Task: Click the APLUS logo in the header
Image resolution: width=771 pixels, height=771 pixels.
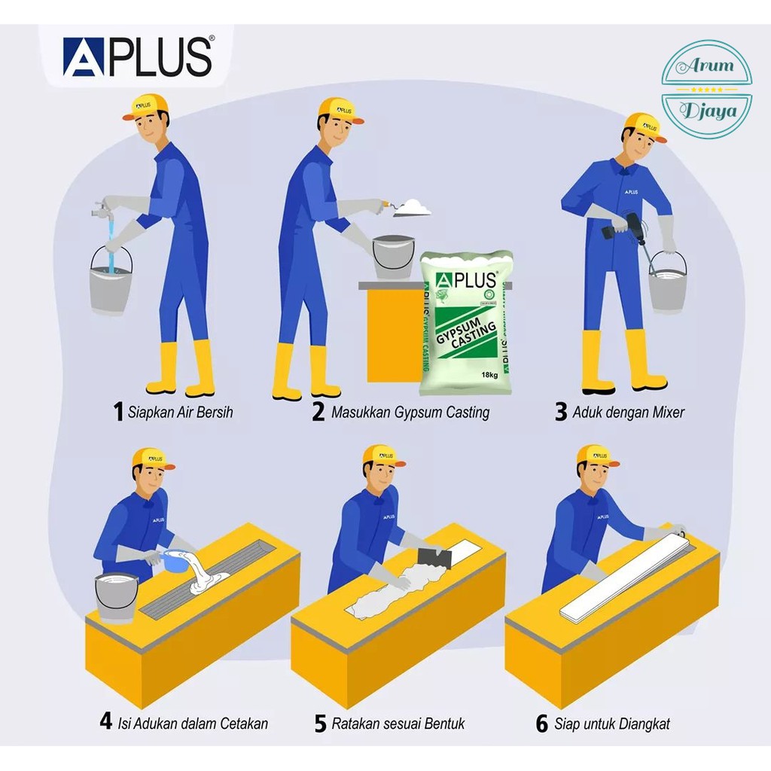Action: pyautogui.click(x=137, y=58)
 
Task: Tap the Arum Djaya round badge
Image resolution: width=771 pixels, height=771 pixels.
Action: pyautogui.click(x=705, y=89)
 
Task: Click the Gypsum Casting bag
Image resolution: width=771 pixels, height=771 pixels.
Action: pyautogui.click(x=466, y=322)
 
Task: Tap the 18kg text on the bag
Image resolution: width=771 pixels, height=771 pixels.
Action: pyautogui.click(x=489, y=375)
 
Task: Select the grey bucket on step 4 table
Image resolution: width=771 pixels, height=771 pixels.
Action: pyautogui.click(x=117, y=595)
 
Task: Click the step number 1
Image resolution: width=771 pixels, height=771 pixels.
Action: pyautogui.click(x=117, y=412)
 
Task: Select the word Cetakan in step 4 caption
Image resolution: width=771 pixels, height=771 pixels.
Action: pyautogui.click(x=244, y=724)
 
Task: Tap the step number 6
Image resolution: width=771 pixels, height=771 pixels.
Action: pyautogui.click(x=541, y=724)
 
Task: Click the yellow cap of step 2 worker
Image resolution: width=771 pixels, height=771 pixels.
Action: pyautogui.click(x=338, y=108)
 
